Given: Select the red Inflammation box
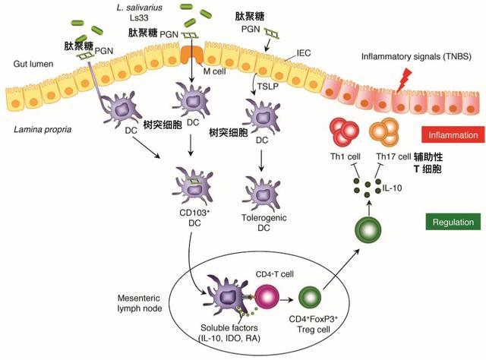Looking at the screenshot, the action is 453,135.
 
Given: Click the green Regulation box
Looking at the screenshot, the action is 453,222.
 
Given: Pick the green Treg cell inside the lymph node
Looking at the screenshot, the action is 310,298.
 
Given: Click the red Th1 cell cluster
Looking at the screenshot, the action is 344,131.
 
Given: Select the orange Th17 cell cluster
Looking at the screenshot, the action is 384,132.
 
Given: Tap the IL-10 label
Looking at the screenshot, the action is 392,188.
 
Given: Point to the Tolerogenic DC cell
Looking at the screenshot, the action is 263,194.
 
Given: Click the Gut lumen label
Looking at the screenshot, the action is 33,64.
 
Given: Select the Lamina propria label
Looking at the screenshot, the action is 43,129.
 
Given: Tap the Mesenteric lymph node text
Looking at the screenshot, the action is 140,303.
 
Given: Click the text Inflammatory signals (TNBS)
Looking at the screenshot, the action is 416,57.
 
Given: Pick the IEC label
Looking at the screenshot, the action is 304,53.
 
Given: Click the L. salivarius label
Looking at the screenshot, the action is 140,8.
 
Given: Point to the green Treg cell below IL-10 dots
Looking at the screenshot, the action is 368,230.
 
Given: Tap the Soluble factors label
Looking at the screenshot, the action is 229,328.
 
